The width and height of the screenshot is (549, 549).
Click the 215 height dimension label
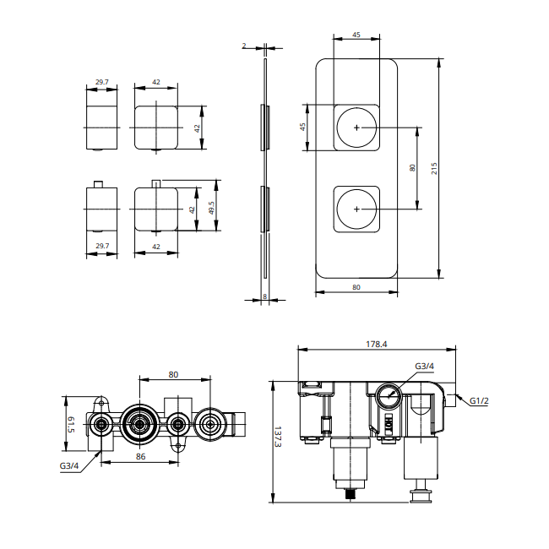(434, 168)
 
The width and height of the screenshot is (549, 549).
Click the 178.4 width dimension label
(377, 344)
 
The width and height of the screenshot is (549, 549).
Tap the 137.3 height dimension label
(278, 437)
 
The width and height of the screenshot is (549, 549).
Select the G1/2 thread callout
(479, 400)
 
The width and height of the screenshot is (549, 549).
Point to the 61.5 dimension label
(71, 424)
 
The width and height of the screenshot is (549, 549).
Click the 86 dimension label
(140, 456)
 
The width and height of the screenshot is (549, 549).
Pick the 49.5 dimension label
(211, 208)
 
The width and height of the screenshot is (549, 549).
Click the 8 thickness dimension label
(265, 296)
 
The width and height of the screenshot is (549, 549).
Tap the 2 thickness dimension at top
(244, 46)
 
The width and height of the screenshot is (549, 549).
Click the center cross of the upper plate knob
(356, 128)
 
